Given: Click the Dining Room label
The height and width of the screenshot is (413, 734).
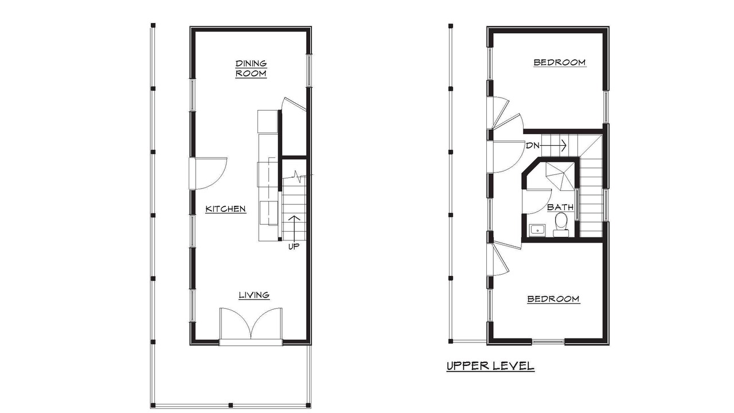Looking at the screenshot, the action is (x=251, y=68).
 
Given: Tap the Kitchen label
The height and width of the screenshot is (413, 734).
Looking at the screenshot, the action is (x=225, y=209).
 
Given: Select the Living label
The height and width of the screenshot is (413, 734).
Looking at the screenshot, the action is (x=254, y=295).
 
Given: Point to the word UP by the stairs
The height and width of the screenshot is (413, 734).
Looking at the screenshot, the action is (x=294, y=247).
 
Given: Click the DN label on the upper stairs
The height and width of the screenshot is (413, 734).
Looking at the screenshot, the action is (x=533, y=146).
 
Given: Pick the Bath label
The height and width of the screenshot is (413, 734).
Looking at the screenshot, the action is (x=560, y=207).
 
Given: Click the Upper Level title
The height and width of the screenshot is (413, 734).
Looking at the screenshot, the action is (x=490, y=366).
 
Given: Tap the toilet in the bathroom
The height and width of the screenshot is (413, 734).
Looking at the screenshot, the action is (x=561, y=224).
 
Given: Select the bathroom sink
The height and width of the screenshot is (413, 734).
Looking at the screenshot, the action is (x=537, y=230).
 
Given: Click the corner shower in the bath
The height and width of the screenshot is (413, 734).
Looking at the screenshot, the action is (x=560, y=176).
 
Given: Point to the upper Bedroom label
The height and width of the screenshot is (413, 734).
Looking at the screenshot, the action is (x=560, y=63).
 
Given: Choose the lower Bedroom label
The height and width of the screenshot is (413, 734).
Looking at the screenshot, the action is (x=553, y=299).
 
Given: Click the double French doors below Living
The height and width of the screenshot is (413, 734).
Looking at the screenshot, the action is (x=251, y=325).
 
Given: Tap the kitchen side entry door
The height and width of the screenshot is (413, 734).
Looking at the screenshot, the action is (x=208, y=174).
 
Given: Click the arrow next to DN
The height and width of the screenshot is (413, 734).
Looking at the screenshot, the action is (x=553, y=145).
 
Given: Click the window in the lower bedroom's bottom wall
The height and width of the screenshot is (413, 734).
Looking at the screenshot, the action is (x=548, y=342).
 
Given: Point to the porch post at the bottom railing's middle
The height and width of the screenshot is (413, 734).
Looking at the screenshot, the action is (x=231, y=405).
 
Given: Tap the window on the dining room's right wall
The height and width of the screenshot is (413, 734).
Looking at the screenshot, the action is (x=309, y=71).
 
